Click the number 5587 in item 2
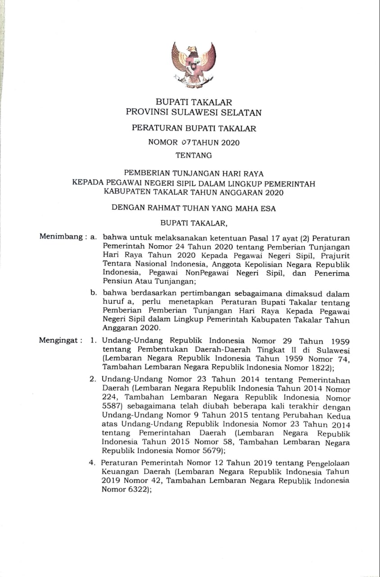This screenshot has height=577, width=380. point(112,406)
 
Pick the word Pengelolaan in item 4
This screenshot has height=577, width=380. point(327,463)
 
